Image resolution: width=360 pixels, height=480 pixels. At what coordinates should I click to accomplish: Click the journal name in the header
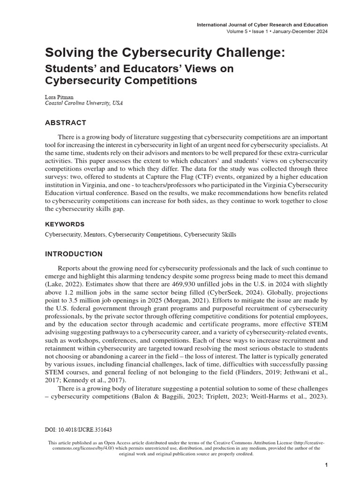click(262, 24)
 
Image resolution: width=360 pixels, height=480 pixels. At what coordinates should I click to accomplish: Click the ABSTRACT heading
click(65, 123)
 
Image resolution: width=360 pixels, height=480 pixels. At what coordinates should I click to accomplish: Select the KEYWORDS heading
click(65, 224)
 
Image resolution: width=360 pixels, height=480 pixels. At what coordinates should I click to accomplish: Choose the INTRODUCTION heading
click(73, 254)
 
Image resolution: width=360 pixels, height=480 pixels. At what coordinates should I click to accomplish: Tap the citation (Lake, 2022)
click(64, 285)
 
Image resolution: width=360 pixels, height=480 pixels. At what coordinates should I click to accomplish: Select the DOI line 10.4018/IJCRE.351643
click(78, 429)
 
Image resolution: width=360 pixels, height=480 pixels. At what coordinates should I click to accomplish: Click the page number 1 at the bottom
click(325, 465)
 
